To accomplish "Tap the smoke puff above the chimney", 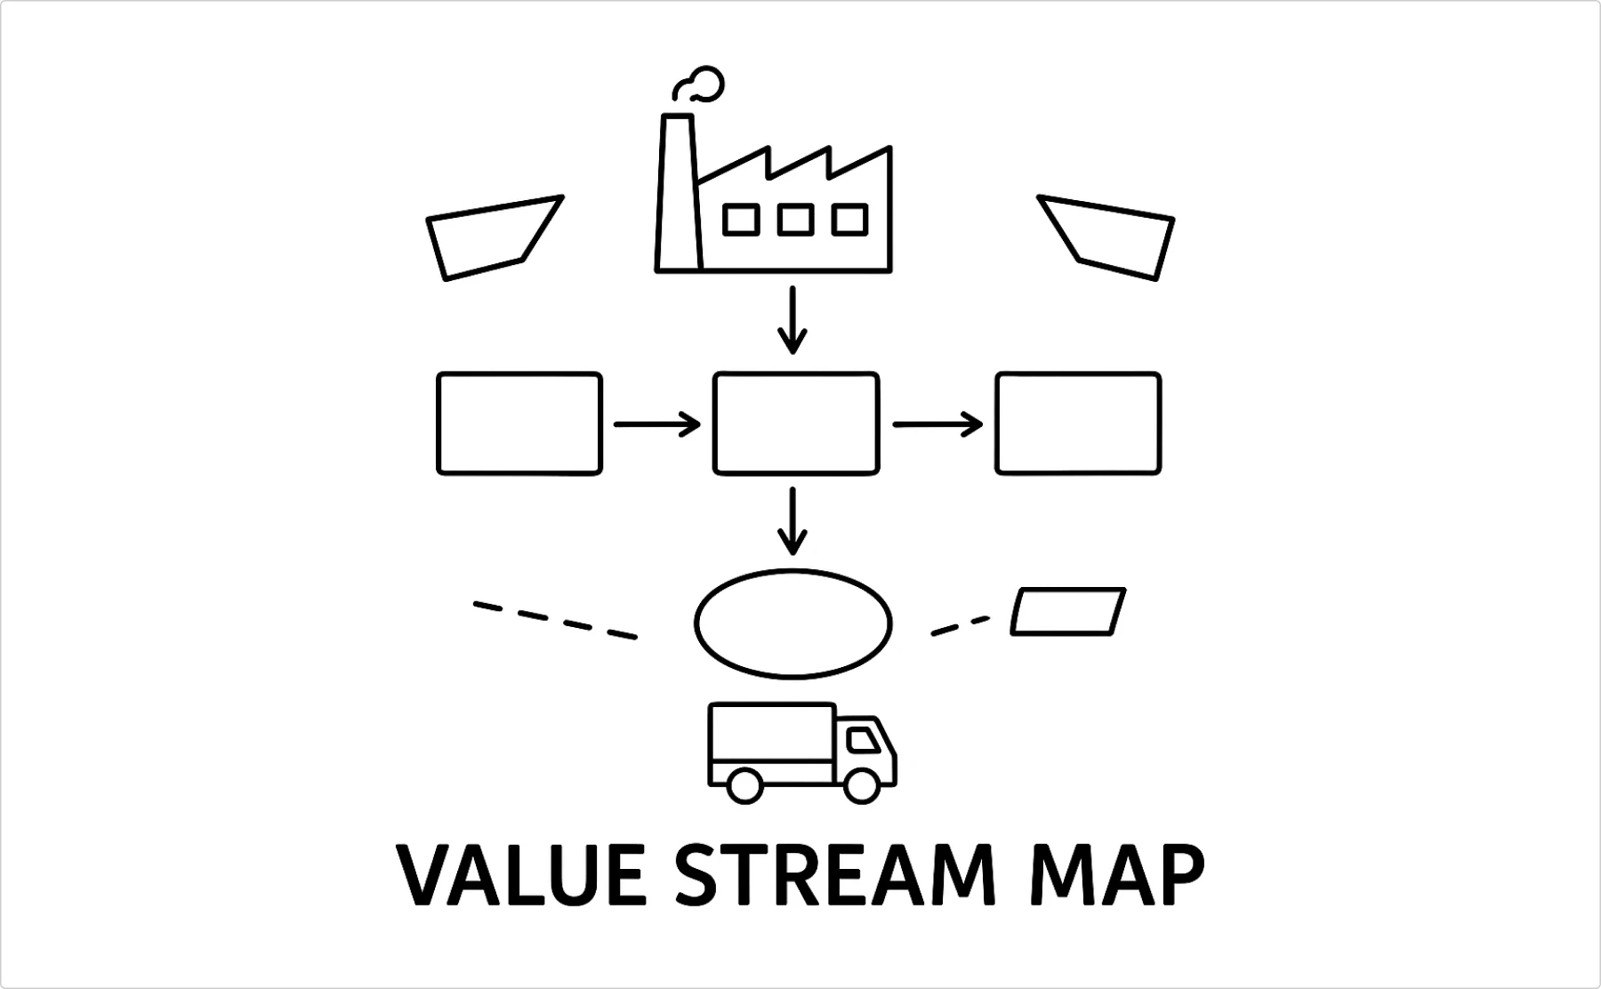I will [701, 85].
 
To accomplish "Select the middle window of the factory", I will [795, 220].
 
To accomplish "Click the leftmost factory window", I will [741, 220].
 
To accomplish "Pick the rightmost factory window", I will [849, 220].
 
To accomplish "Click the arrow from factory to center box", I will [792, 320].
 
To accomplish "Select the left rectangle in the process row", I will [519, 423].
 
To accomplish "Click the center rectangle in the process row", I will [796, 423].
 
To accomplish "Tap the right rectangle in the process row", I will [1078, 423].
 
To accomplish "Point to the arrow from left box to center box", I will [657, 424].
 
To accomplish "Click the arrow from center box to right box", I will [937, 424].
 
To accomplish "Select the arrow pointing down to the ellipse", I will [792, 521].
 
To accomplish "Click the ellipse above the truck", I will [792, 623].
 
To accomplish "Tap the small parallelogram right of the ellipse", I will [1068, 611].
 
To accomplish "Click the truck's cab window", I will [861, 740].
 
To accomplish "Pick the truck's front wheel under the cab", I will [861, 786].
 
